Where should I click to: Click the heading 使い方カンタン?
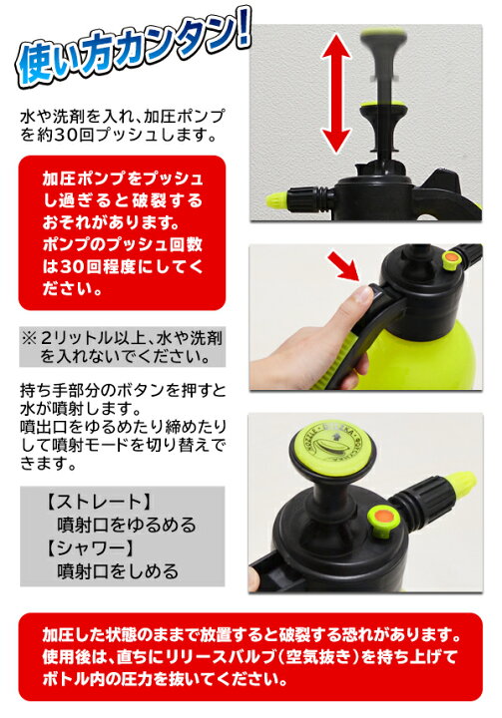[133, 51]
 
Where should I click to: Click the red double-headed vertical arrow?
[335, 93]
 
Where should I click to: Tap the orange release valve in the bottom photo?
[383, 520]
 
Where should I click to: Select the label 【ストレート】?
[98, 502]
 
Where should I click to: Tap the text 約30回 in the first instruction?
[65, 136]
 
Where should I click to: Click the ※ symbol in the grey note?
[29, 338]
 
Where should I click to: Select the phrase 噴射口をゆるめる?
[127, 525]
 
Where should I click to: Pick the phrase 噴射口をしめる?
[118, 571]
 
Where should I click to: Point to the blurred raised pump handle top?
[384, 39]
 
